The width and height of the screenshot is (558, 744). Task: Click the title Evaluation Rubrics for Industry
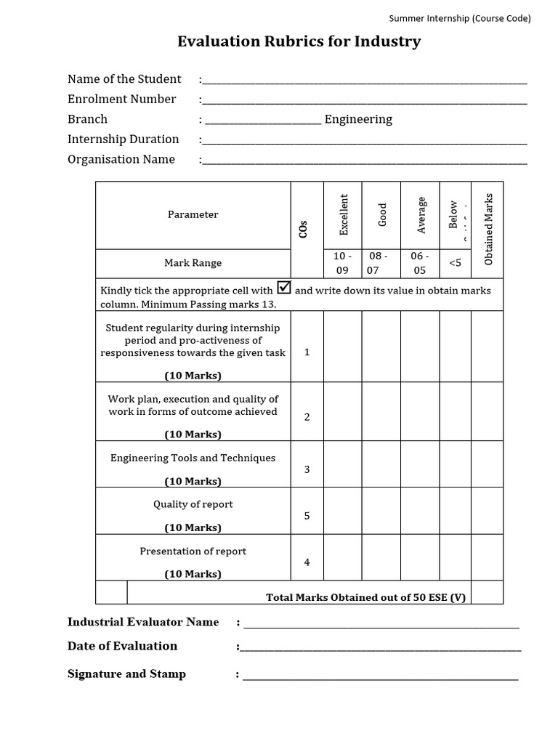(x=299, y=41)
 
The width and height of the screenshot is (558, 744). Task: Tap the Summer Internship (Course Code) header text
(x=460, y=18)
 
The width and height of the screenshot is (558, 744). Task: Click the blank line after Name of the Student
(x=365, y=80)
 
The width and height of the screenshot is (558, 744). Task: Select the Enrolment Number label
(x=121, y=99)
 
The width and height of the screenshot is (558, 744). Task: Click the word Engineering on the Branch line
(x=358, y=119)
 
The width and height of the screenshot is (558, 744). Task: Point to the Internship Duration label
(x=123, y=139)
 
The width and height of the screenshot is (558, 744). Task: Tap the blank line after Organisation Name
(x=365, y=161)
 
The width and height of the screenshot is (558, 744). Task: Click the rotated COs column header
(x=304, y=228)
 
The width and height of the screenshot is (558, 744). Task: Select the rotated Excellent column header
(x=344, y=214)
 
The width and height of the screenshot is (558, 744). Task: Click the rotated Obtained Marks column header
(x=488, y=228)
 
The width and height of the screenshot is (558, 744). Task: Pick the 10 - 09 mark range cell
(x=342, y=263)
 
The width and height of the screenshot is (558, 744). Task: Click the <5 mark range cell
(x=455, y=263)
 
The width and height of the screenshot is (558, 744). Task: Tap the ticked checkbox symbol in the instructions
(x=284, y=288)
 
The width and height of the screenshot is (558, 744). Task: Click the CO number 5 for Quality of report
(x=307, y=516)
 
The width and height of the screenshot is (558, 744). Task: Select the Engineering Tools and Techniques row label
(x=193, y=458)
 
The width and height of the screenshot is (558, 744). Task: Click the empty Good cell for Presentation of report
(x=381, y=557)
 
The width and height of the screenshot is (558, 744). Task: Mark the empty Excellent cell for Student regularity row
(x=342, y=347)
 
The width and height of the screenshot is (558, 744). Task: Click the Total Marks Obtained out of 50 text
(x=365, y=597)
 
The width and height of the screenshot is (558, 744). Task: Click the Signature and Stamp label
(x=126, y=674)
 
